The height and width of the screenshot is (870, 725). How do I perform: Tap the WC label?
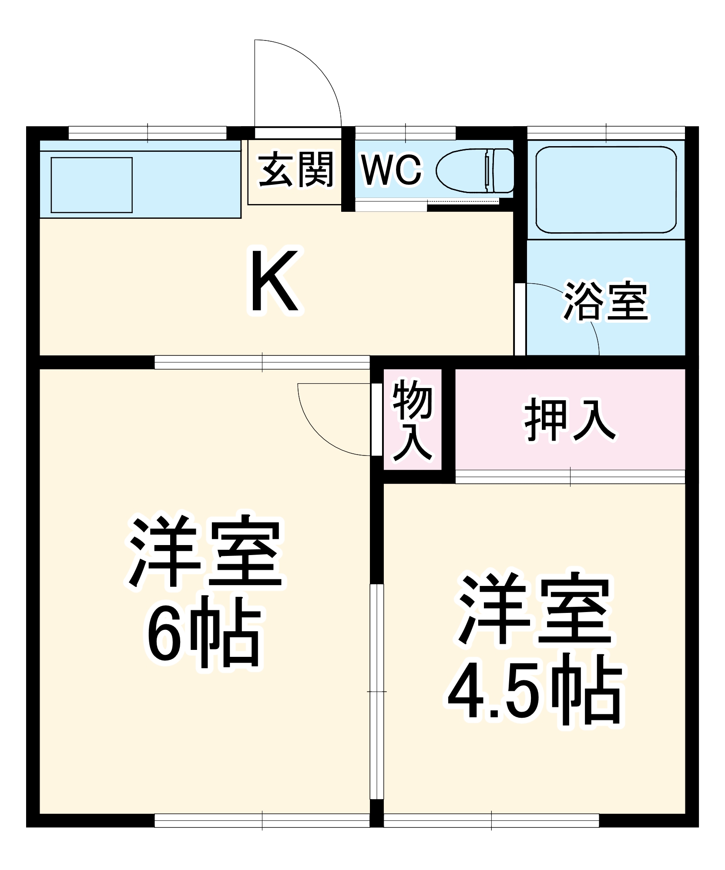click(391, 170)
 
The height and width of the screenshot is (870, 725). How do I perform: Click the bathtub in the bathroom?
click(606, 190)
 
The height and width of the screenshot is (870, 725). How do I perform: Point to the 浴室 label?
click(606, 301)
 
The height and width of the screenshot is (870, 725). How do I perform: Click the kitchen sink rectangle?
click(91, 185)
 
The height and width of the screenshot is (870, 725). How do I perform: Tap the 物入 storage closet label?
click(412, 420)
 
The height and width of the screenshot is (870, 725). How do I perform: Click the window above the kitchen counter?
click(148, 132)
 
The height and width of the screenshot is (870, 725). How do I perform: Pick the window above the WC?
click(405, 132)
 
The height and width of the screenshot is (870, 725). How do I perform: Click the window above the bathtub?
click(606, 132)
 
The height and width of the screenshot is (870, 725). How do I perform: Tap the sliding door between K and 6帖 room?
click(262, 362)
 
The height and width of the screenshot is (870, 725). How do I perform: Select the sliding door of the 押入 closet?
click(570, 476)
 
